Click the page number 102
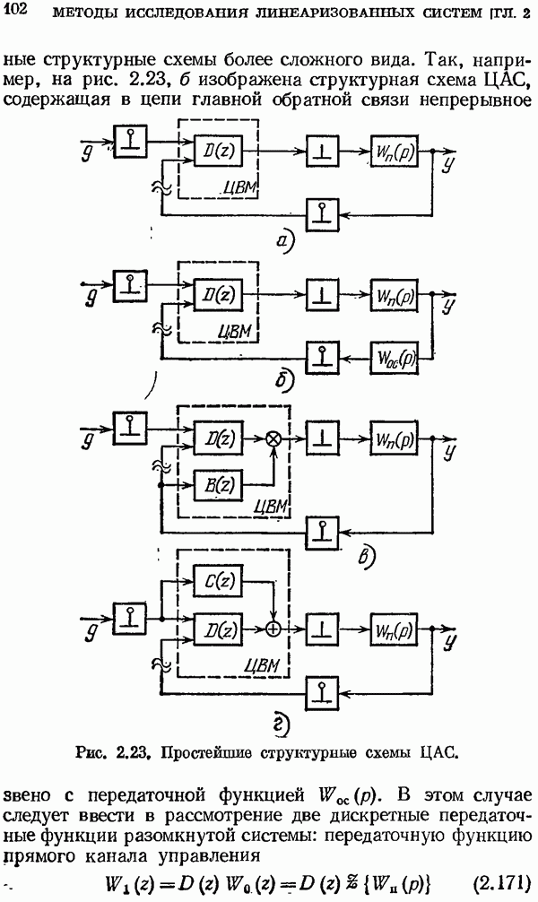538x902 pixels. coord(17,10)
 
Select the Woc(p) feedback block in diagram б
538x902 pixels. coord(393,359)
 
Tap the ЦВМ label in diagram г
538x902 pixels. coord(263,664)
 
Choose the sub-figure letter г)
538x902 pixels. coord(281,723)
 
